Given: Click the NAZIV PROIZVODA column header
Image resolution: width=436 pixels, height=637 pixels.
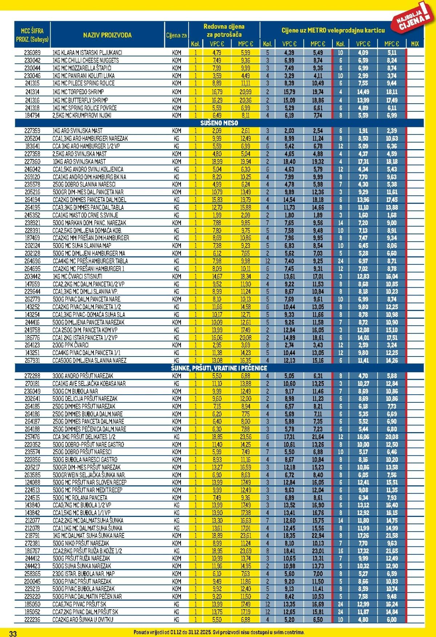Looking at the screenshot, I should click(x=107, y=35).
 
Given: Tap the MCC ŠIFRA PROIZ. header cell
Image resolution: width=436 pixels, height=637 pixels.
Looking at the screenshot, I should click(x=32, y=35).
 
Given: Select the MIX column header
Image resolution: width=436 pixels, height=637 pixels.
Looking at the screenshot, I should click(x=415, y=44).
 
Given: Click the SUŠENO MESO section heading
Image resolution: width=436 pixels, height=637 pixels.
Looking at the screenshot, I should click(x=219, y=123).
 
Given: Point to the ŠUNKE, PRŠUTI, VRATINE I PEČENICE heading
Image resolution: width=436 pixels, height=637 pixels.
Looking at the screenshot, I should click(x=219, y=368).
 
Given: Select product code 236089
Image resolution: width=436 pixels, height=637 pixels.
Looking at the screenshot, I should click(x=32, y=52).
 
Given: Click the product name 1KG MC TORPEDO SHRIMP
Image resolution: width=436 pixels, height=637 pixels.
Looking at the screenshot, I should click(x=78, y=92).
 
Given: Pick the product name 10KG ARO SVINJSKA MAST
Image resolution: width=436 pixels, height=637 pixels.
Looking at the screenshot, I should click(x=79, y=162).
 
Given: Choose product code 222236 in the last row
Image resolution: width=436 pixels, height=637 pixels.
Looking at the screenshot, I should click(x=32, y=620).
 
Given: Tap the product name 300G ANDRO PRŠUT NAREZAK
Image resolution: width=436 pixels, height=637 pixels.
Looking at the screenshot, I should click(x=83, y=376).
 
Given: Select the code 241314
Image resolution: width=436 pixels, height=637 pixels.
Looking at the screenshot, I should click(x=32, y=92).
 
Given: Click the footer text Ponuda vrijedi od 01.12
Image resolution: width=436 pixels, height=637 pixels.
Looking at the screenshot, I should click(x=219, y=632).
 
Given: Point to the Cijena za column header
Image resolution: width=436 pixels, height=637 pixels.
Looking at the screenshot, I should click(x=177, y=35).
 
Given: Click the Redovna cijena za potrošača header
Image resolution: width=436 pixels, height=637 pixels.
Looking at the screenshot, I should click(x=224, y=31).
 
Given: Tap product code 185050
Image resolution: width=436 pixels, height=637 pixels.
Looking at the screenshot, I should click(x=32, y=604).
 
